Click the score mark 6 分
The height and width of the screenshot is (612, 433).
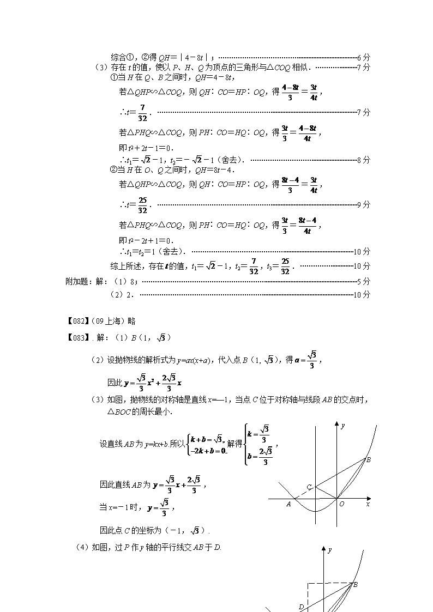tap(364, 57)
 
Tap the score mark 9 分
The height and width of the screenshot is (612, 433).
tap(364, 204)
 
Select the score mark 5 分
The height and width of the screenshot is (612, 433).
tap(364, 281)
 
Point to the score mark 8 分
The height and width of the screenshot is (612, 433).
tap(364, 160)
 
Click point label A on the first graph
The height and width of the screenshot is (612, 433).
tap(288, 505)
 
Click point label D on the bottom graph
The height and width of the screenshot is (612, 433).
tap(301, 606)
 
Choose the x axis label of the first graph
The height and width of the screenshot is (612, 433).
tap(368, 505)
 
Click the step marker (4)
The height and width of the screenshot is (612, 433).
tap(82, 547)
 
